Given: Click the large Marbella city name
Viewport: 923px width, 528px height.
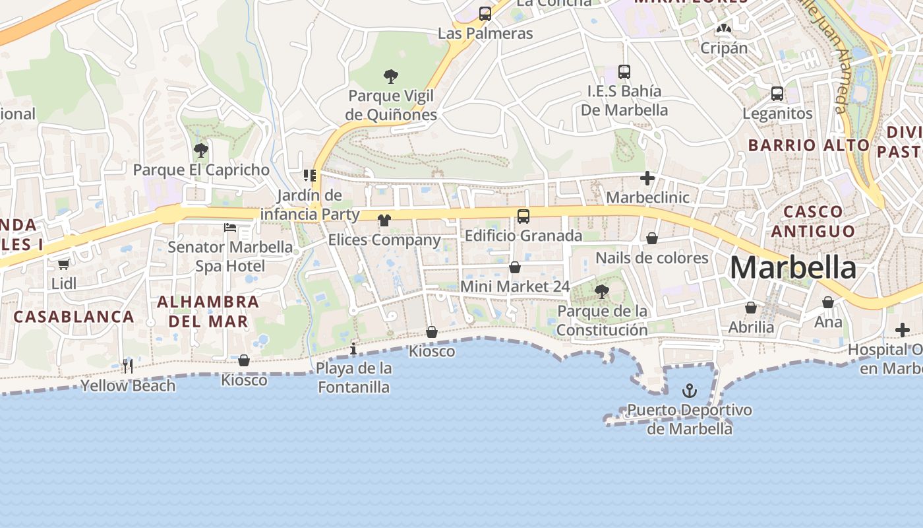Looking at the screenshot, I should [792, 268].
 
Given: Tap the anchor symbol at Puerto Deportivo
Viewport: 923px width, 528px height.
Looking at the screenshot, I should [689, 391].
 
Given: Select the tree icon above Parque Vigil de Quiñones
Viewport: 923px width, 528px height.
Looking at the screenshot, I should [391, 77].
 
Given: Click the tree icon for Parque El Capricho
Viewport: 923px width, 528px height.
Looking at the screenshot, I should [201, 150].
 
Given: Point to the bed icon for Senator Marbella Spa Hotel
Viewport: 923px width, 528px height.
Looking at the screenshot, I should [230, 228].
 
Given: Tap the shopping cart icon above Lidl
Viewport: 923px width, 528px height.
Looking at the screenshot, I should [63, 265].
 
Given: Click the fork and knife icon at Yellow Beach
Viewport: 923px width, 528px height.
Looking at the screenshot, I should [128, 366].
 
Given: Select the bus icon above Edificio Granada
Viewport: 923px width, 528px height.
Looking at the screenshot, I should [523, 216].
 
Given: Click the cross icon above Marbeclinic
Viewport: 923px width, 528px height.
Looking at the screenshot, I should [647, 178].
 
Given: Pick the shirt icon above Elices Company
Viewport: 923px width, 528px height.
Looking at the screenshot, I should [384, 220].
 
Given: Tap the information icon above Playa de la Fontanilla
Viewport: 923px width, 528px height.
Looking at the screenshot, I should [353, 348].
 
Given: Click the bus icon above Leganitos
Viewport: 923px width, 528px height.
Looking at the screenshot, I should [777, 94].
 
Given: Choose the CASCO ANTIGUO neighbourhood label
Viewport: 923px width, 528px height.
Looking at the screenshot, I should [813, 221].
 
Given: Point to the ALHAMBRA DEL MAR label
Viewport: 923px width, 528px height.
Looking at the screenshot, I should [208, 312].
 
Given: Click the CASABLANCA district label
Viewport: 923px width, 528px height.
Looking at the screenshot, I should [74, 317].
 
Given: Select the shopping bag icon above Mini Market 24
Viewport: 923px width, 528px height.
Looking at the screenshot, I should [515, 267].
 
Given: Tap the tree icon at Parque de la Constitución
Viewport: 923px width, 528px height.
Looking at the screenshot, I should [601, 291].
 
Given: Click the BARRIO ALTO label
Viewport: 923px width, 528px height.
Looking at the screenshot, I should [808, 145].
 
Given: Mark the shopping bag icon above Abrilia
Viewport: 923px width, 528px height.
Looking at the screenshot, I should [751, 308].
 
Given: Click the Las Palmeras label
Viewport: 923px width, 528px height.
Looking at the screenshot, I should [485, 33].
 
